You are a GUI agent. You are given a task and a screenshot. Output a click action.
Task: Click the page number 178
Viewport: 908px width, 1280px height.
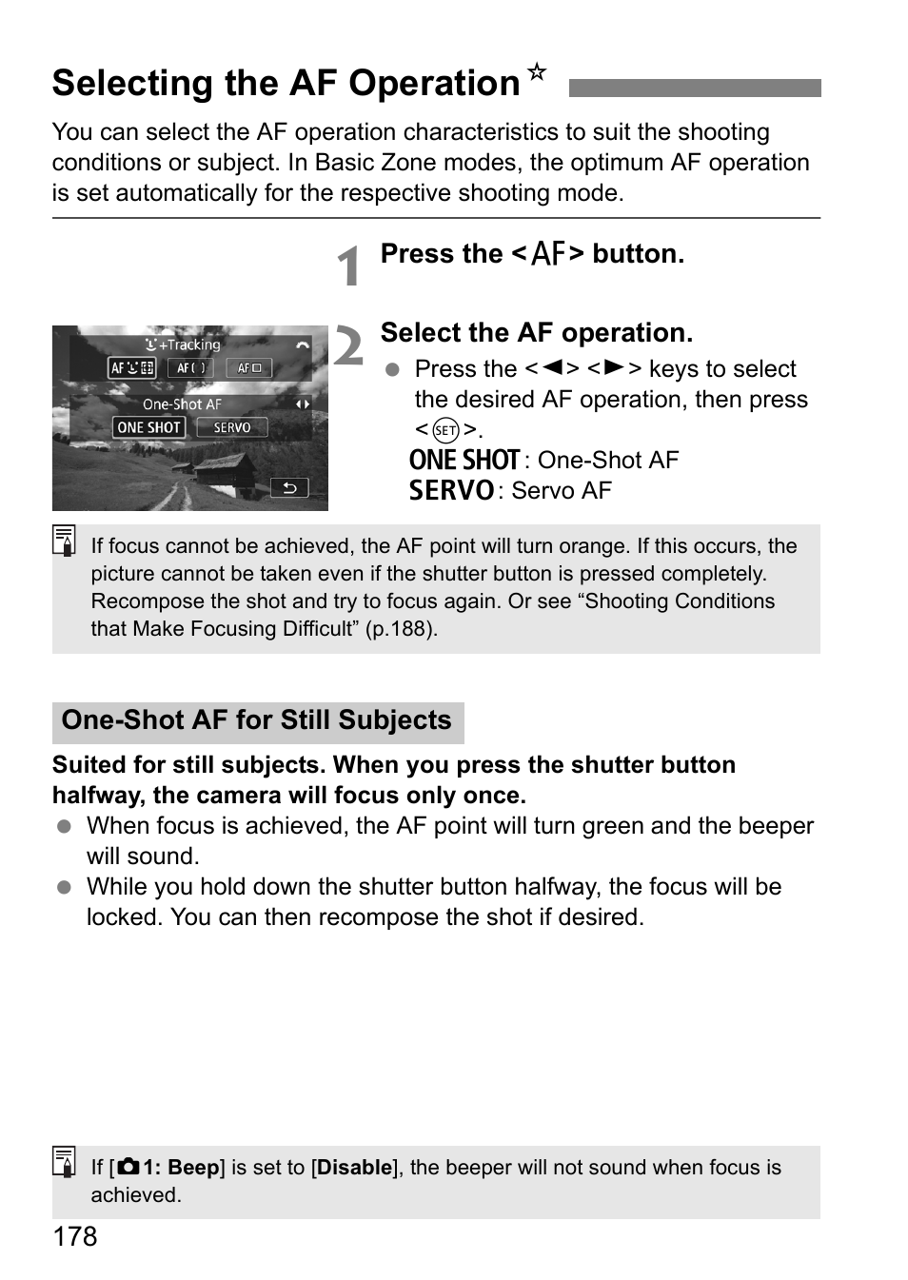point(75,1236)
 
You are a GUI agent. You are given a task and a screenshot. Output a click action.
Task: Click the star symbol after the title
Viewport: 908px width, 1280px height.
point(537,72)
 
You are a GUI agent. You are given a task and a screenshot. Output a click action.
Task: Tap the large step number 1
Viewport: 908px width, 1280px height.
point(350,266)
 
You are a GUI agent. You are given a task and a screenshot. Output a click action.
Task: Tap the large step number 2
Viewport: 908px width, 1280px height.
point(348,345)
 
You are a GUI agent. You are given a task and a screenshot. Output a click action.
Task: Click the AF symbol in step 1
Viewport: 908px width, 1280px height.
point(547,254)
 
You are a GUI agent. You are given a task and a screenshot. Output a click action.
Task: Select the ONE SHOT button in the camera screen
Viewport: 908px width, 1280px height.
point(148,428)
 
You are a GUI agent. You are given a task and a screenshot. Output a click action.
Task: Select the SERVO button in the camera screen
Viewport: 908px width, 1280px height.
point(232,428)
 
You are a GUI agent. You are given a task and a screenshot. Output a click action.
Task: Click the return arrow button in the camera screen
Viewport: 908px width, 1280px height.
point(289,488)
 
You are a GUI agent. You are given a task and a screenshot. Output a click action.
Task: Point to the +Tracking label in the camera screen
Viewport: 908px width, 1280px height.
point(185,345)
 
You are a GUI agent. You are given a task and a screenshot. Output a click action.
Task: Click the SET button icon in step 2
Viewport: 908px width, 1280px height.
point(445,430)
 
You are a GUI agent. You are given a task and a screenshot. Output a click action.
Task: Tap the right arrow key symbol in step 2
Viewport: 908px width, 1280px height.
point(614,368)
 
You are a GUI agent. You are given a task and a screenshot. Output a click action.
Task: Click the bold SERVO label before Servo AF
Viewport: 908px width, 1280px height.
point(451,491)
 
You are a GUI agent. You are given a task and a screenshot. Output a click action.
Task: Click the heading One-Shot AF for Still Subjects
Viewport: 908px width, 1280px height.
point(257,720)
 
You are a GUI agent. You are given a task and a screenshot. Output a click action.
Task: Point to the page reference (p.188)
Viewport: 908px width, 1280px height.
point(401,629)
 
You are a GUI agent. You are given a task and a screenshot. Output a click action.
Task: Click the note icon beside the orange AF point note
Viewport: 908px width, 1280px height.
point(65,542)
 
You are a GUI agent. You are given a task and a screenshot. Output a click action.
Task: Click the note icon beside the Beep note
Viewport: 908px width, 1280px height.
point(65,1163)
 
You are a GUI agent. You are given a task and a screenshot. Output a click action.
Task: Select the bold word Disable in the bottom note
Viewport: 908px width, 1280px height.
point(355,1168)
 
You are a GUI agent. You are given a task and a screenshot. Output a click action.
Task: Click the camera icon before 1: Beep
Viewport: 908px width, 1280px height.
point(129,1168)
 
